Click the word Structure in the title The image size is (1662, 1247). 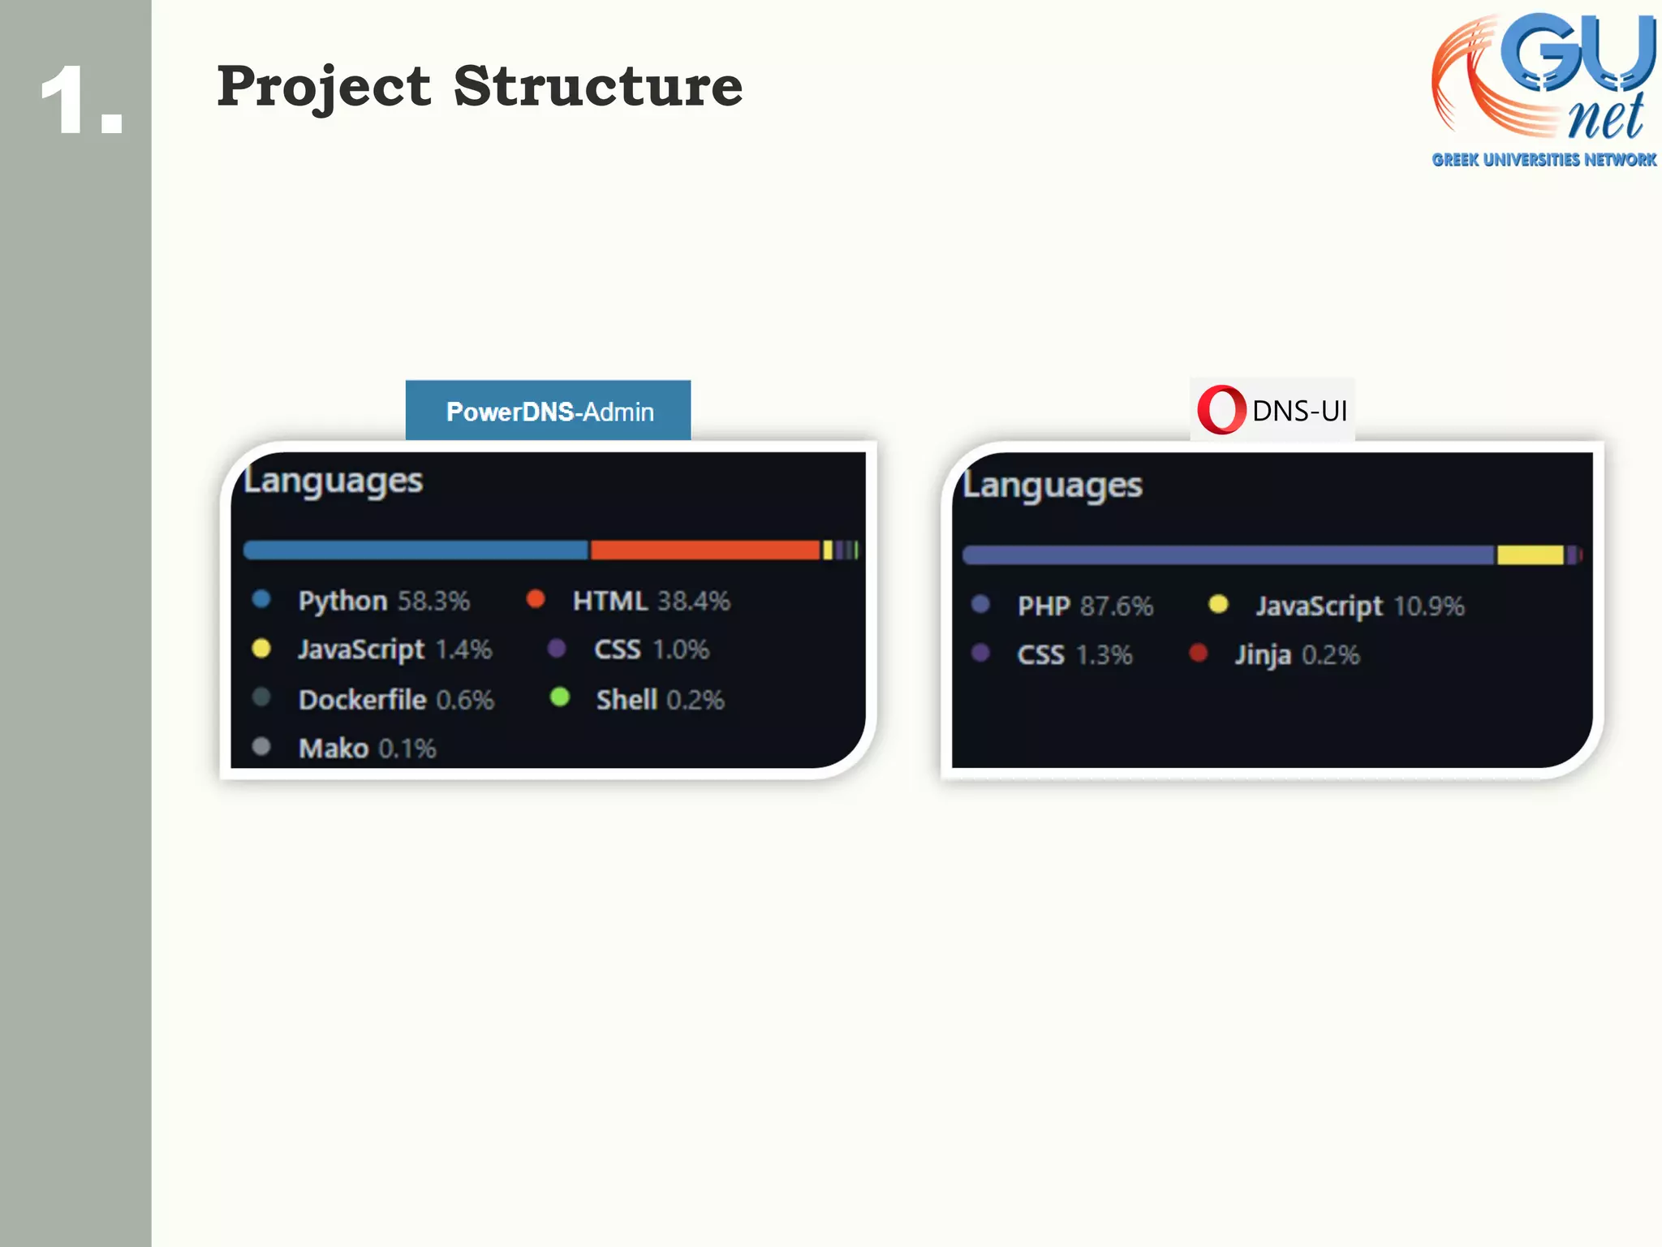point(598,86)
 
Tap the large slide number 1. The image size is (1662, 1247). point(81,101)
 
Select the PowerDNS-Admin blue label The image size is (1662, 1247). point(549,411)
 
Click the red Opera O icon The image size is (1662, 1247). point(1220,410)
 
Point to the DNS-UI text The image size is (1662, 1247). point(1299,411)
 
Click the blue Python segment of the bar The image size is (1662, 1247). point(415,550)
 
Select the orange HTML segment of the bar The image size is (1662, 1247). point(704,550)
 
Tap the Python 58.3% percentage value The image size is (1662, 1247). point(433,601)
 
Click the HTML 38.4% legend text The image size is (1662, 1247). point(651,601)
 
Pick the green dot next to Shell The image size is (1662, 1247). point(559,697)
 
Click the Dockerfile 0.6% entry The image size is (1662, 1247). point(395,700)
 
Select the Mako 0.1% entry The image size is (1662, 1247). point(367,748)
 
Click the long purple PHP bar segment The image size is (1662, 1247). point(1227,555)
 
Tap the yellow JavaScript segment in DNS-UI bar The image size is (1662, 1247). point(1530,555)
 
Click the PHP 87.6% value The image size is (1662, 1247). point(1117,606)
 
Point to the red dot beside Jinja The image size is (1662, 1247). point(1198,653)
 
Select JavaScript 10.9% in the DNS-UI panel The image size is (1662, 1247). point(1360,606)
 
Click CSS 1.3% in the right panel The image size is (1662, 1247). point(1074,654)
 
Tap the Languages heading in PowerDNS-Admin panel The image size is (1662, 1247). point(334,481)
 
